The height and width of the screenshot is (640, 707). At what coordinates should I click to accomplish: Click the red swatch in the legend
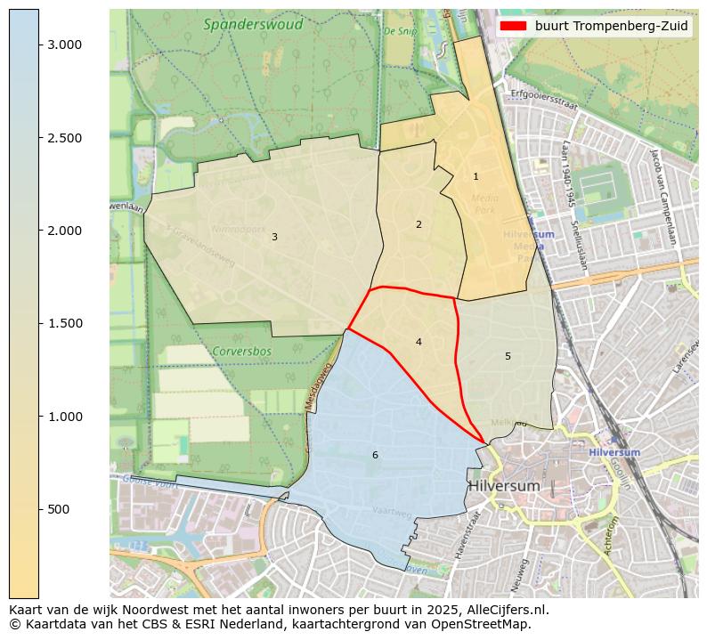coord(514,27)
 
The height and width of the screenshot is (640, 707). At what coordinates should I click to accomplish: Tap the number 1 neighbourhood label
coord(475,177)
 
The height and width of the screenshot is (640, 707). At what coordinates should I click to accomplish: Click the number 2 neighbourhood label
coord(419,224)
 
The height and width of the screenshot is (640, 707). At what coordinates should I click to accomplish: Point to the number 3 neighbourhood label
coord(274,237)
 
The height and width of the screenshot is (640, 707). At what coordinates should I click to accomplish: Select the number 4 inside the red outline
coord(419,342)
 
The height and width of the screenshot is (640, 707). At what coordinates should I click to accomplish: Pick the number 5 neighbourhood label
coord(508,356)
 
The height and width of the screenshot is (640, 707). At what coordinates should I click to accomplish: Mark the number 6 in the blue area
coord(375,455)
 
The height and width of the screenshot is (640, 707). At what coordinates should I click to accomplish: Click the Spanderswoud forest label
coord(253,25)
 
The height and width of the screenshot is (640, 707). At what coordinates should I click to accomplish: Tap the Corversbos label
coord(241,351)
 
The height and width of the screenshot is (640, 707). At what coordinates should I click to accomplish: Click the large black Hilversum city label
coord(504,486)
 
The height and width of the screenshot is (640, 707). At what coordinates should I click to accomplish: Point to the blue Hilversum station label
coord(614,452)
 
